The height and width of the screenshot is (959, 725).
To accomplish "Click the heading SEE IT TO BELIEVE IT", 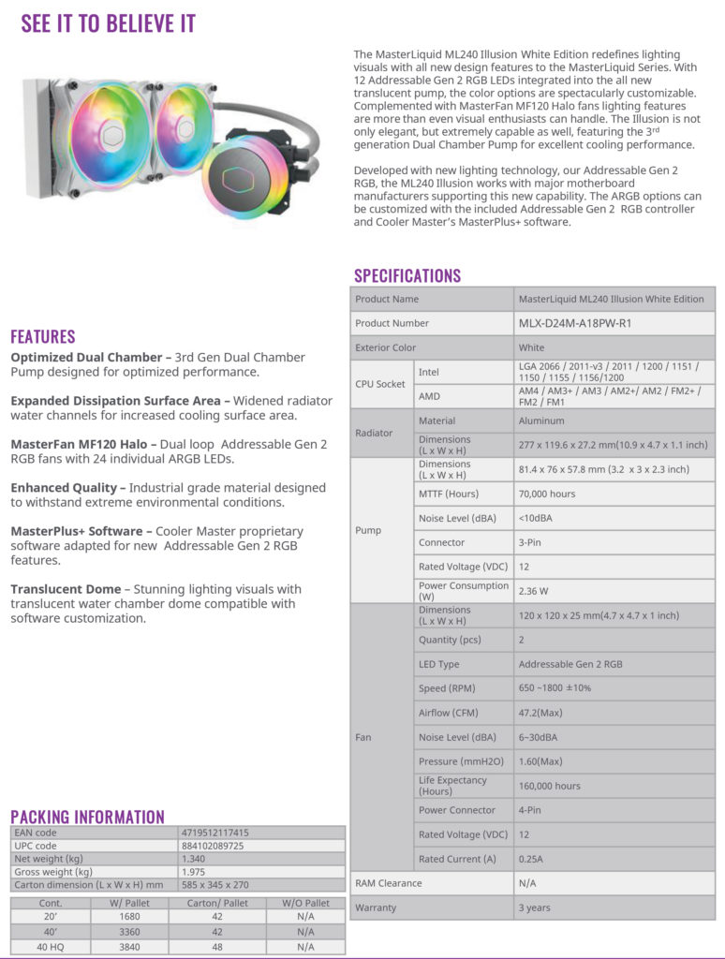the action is [x=109, y=23].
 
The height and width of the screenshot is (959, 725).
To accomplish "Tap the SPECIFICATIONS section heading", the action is [x=407, y=275].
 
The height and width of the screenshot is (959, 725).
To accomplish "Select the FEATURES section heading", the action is [x=43, y=336].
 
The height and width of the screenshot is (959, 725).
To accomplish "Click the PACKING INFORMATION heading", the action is [x=87, y=817].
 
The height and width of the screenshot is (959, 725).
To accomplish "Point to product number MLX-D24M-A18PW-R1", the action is [x=575, y=323].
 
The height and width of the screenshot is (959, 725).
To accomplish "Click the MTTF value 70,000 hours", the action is [x=547, y=494].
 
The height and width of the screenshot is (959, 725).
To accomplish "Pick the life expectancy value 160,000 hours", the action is [x=549, y=786].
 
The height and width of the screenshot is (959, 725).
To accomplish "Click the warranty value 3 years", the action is [x=534, y=907].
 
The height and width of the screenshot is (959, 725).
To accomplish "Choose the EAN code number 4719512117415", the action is [x=215, y=833].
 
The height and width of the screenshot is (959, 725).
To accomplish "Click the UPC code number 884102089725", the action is [x=213, y=846].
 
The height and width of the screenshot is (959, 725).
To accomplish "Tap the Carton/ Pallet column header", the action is [x=218, y=903].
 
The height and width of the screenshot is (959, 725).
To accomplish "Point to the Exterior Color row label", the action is [x=385, y=347].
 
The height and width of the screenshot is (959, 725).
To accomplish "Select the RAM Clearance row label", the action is [x=388, y=883].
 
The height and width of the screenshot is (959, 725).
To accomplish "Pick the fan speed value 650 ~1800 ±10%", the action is [x=555, y=688].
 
